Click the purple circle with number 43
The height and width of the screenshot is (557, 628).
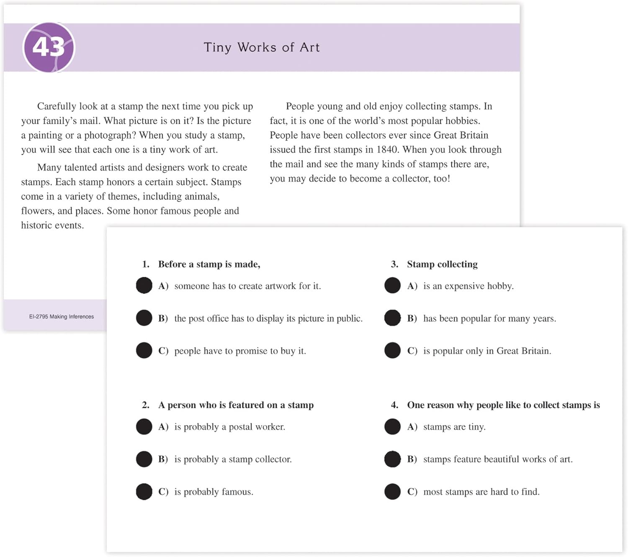point(49,47)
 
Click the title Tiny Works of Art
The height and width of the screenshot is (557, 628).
point(262,47)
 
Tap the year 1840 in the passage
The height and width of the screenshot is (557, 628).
point(386,150)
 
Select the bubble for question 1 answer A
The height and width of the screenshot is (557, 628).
point(144,285)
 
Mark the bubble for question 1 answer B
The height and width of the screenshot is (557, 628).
point(144,318)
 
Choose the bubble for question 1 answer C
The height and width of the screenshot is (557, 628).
point(144,350)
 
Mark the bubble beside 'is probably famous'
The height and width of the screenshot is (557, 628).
point(144,492)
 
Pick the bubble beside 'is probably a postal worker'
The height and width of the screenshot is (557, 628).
point(144,427)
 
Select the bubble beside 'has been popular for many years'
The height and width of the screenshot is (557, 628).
point(392,318)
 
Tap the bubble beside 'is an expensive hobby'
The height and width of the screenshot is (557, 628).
point(392,285)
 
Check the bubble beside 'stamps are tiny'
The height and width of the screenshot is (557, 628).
point(392,427)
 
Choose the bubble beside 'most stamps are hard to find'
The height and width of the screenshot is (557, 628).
point(392,492)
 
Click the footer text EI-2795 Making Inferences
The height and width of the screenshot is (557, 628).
point(62,316)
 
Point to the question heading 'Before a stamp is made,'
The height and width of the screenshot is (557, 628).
point(209,264)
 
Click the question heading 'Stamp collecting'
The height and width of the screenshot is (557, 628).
point(442,264)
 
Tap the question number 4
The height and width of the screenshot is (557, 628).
point(394,405)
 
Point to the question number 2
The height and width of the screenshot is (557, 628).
point(145,405)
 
